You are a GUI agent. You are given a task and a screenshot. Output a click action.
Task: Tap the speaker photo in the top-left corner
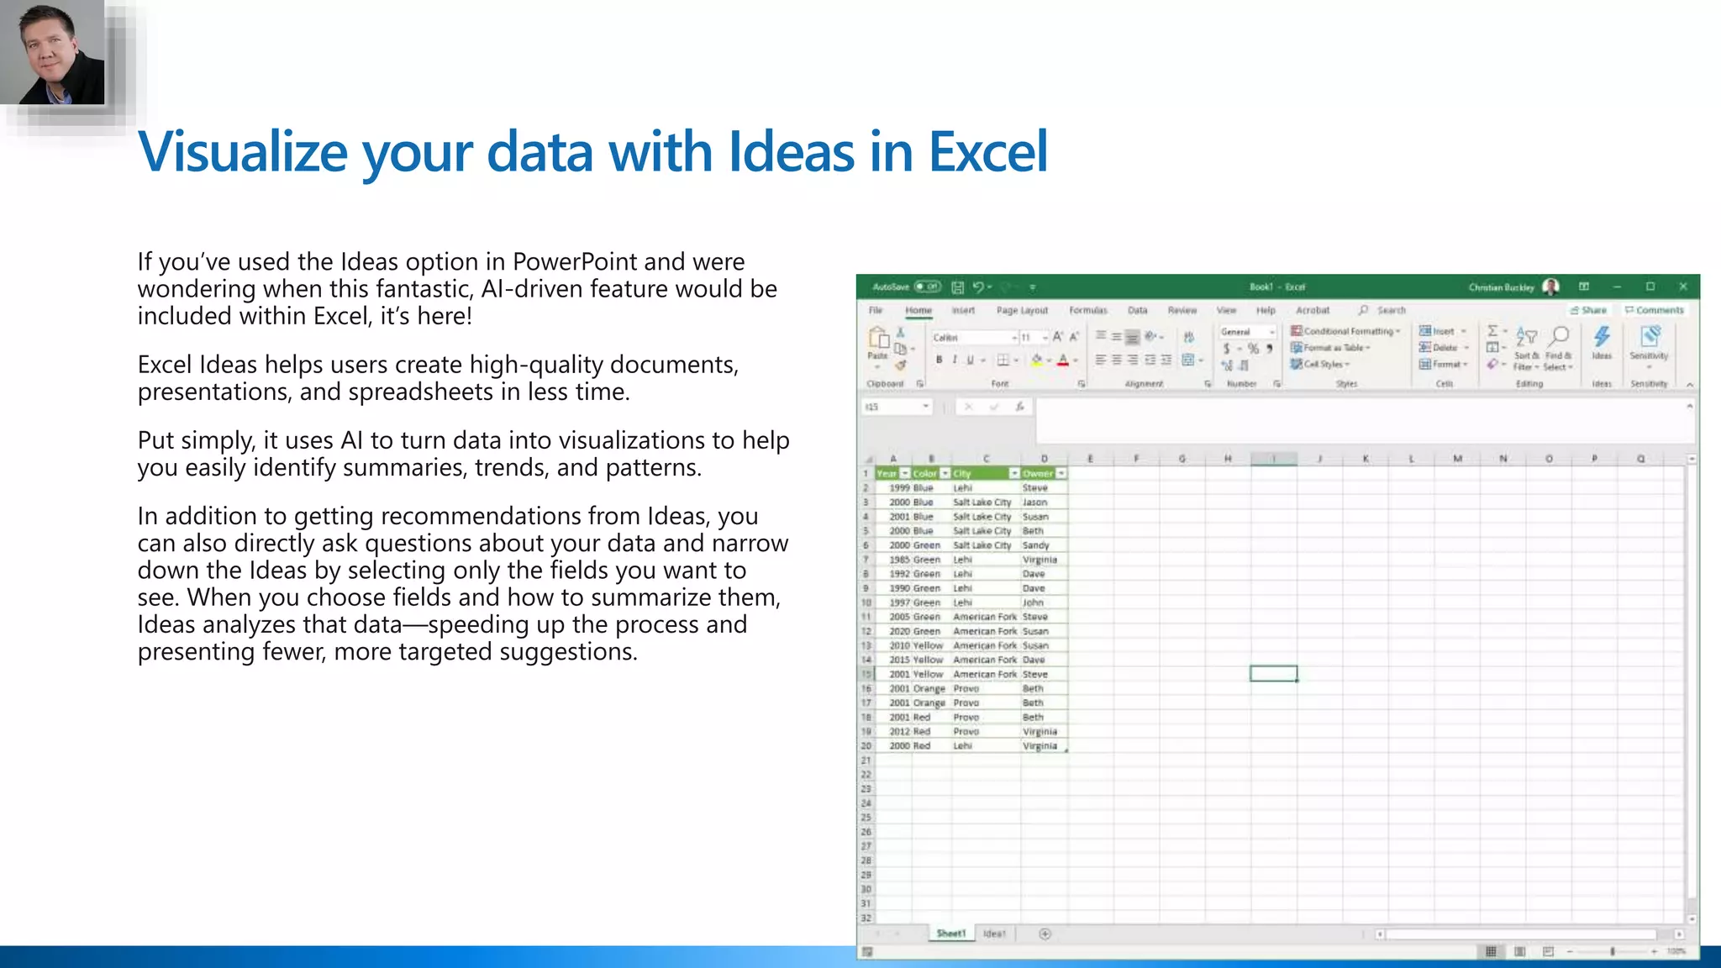pyautogui.click(x=52, y=52)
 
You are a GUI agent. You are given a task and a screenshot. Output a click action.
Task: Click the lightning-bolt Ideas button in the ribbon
pyautogui.click(x=1602, y=339)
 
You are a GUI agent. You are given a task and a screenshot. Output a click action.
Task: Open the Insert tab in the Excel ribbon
pyautogui.click(x=963, y=310)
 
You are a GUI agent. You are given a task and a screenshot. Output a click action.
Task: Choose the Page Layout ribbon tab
pyautogui.click(x=1022, y=310)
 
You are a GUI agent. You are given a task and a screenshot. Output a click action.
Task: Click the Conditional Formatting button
pyautogui.click(x=1345, y=331)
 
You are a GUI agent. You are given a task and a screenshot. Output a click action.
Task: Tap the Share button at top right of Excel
pyautogui.click(x=1588, y=310)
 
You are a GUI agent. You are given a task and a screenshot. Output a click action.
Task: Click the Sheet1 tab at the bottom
pyautogui.click(x=950, y=934)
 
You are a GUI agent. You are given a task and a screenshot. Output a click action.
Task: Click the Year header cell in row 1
pyautogui.click(x=887, y=473)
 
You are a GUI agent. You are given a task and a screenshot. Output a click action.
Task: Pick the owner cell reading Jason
pyautogui.click(x=1034, y=502)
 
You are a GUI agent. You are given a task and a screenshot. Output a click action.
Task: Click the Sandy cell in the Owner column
pyautogui.click(x=1035, y=545)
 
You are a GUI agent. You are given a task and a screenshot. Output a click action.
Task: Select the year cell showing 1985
pyautogui.click(x=899, y=560)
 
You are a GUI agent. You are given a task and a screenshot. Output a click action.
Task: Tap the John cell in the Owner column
pyautogui.click(x=1033, y=602)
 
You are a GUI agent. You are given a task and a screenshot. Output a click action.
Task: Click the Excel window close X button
pyautogui.click(x=1682, y=287)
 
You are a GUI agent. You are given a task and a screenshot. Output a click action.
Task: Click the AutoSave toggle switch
pyautogui.click(x=928, y=287)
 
